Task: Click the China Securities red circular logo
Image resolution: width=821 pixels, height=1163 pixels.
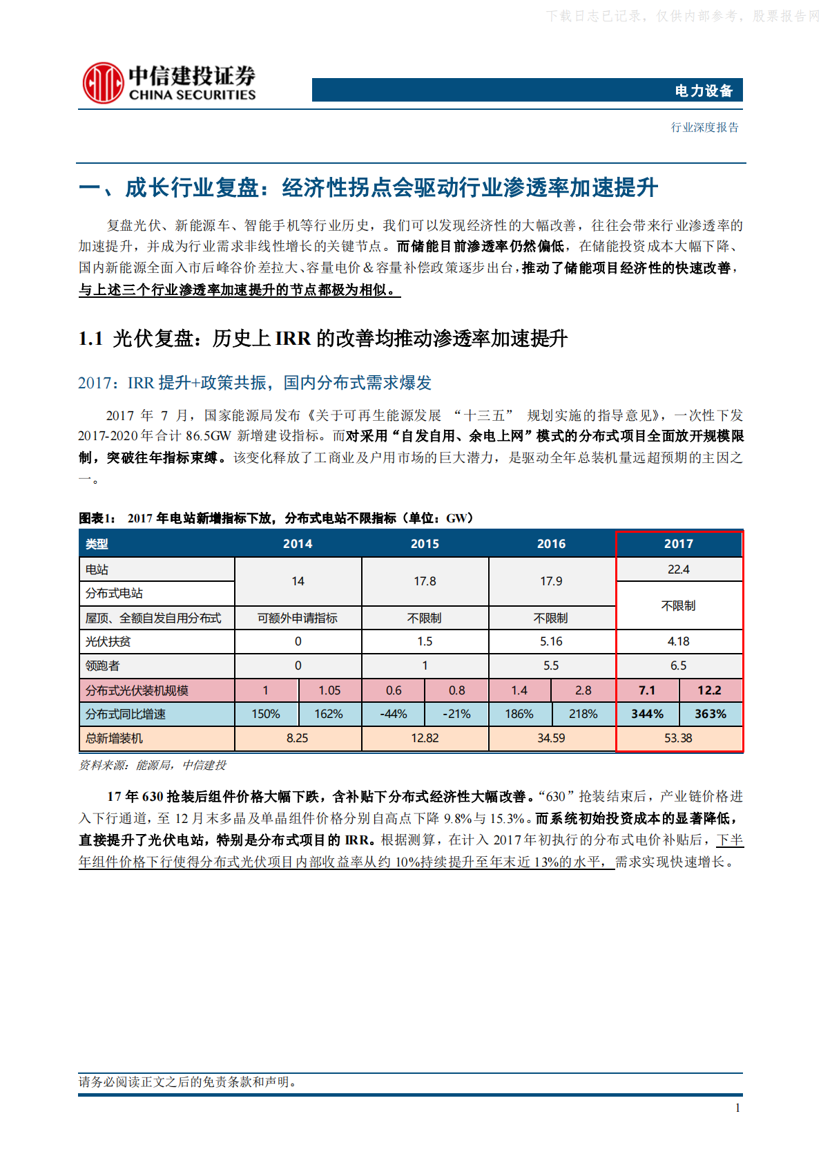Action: pos(103,84)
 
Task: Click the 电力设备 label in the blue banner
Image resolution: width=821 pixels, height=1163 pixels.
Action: pos(704,91)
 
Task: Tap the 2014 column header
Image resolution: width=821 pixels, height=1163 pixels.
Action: pos(298,544)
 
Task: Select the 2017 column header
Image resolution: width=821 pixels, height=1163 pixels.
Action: pos(678,544)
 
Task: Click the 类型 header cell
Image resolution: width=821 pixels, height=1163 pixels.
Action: pos(97,545)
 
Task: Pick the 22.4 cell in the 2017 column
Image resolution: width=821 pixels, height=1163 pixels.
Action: pos(678,569)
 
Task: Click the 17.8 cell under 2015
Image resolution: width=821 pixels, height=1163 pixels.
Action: pos(425,581)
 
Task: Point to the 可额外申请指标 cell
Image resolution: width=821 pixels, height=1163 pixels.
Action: pos(298,618)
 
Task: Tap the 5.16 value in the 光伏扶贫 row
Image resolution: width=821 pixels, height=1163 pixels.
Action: pos(551,641)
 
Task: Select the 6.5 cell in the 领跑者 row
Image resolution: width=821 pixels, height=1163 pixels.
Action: pos(678,665)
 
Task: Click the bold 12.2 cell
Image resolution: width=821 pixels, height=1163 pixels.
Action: pos(709,690)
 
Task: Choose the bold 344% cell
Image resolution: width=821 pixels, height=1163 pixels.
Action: pos(647,714)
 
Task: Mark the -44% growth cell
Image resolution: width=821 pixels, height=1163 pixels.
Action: pos(394,714)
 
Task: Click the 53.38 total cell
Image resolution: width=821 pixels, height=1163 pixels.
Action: pos(678,738)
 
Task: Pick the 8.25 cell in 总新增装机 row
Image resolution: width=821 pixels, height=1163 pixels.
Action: pos(298,738)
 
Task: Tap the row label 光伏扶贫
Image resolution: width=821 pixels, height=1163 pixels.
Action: pos(108,641)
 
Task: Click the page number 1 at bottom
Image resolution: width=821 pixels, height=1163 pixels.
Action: pos(737,1108)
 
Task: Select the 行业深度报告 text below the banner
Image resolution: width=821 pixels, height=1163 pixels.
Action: pos(705,127)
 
